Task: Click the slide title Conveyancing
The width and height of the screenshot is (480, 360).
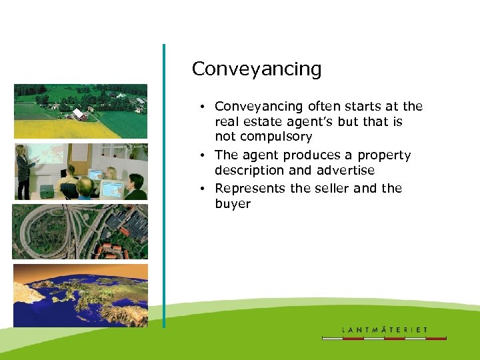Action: (x=256, y=69)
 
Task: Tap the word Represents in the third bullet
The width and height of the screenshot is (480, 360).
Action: (x=251, y=189)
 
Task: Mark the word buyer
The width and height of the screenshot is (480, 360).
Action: (x=233, y=204)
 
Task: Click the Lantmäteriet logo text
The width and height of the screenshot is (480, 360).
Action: (x=385, y=329)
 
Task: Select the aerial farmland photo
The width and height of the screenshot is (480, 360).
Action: (x=80, y=111)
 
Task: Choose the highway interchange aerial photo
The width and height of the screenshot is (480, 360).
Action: (x=80, y=231)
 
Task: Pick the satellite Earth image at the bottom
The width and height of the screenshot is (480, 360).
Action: (x=80, y=295)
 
